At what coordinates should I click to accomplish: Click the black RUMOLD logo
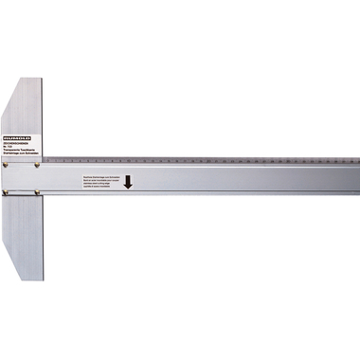[19, 136]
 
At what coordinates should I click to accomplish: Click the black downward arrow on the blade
[128, 181]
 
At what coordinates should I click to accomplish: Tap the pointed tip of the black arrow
[128, 188]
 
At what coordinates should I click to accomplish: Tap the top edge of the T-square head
[29, 79]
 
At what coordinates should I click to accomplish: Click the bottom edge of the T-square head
[29, 280]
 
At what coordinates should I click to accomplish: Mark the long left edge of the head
[2, 180]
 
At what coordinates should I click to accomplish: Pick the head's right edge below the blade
[43, 237]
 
